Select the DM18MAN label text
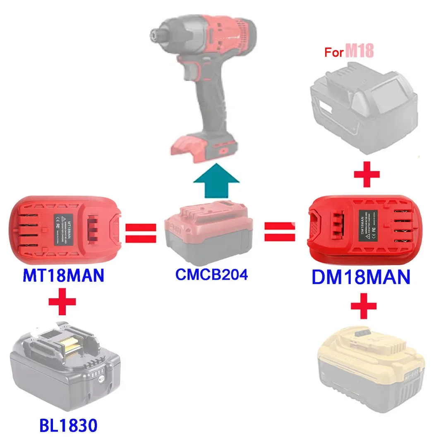(360, 277)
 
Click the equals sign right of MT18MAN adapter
(140, 233)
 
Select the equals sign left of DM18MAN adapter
(279, 232)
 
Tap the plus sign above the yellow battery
(364, 306)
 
